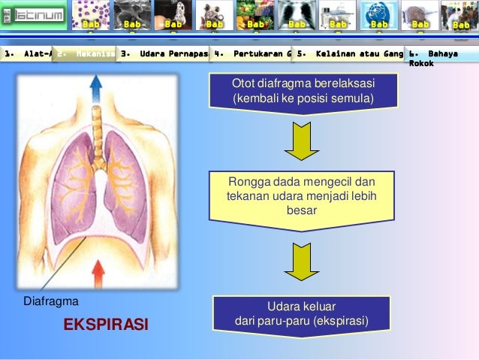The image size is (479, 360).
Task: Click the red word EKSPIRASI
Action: [106, 325]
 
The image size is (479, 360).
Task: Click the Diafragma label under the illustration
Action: [52, 301]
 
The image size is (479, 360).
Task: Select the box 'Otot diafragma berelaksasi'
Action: [303, 90]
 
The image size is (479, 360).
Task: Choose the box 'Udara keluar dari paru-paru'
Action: [301, 314]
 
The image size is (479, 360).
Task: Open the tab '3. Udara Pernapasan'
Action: [164, 54]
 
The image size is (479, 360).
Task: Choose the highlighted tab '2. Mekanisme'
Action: [85, 54]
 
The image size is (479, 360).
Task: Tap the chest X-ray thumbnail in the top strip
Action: [297, 15]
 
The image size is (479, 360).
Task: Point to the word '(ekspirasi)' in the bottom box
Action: [340, 321]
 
